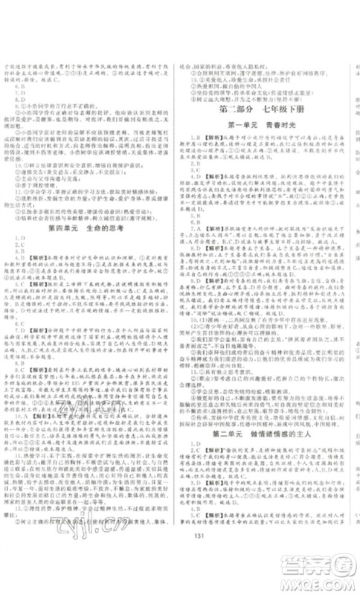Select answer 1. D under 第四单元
(x=19, y=253)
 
